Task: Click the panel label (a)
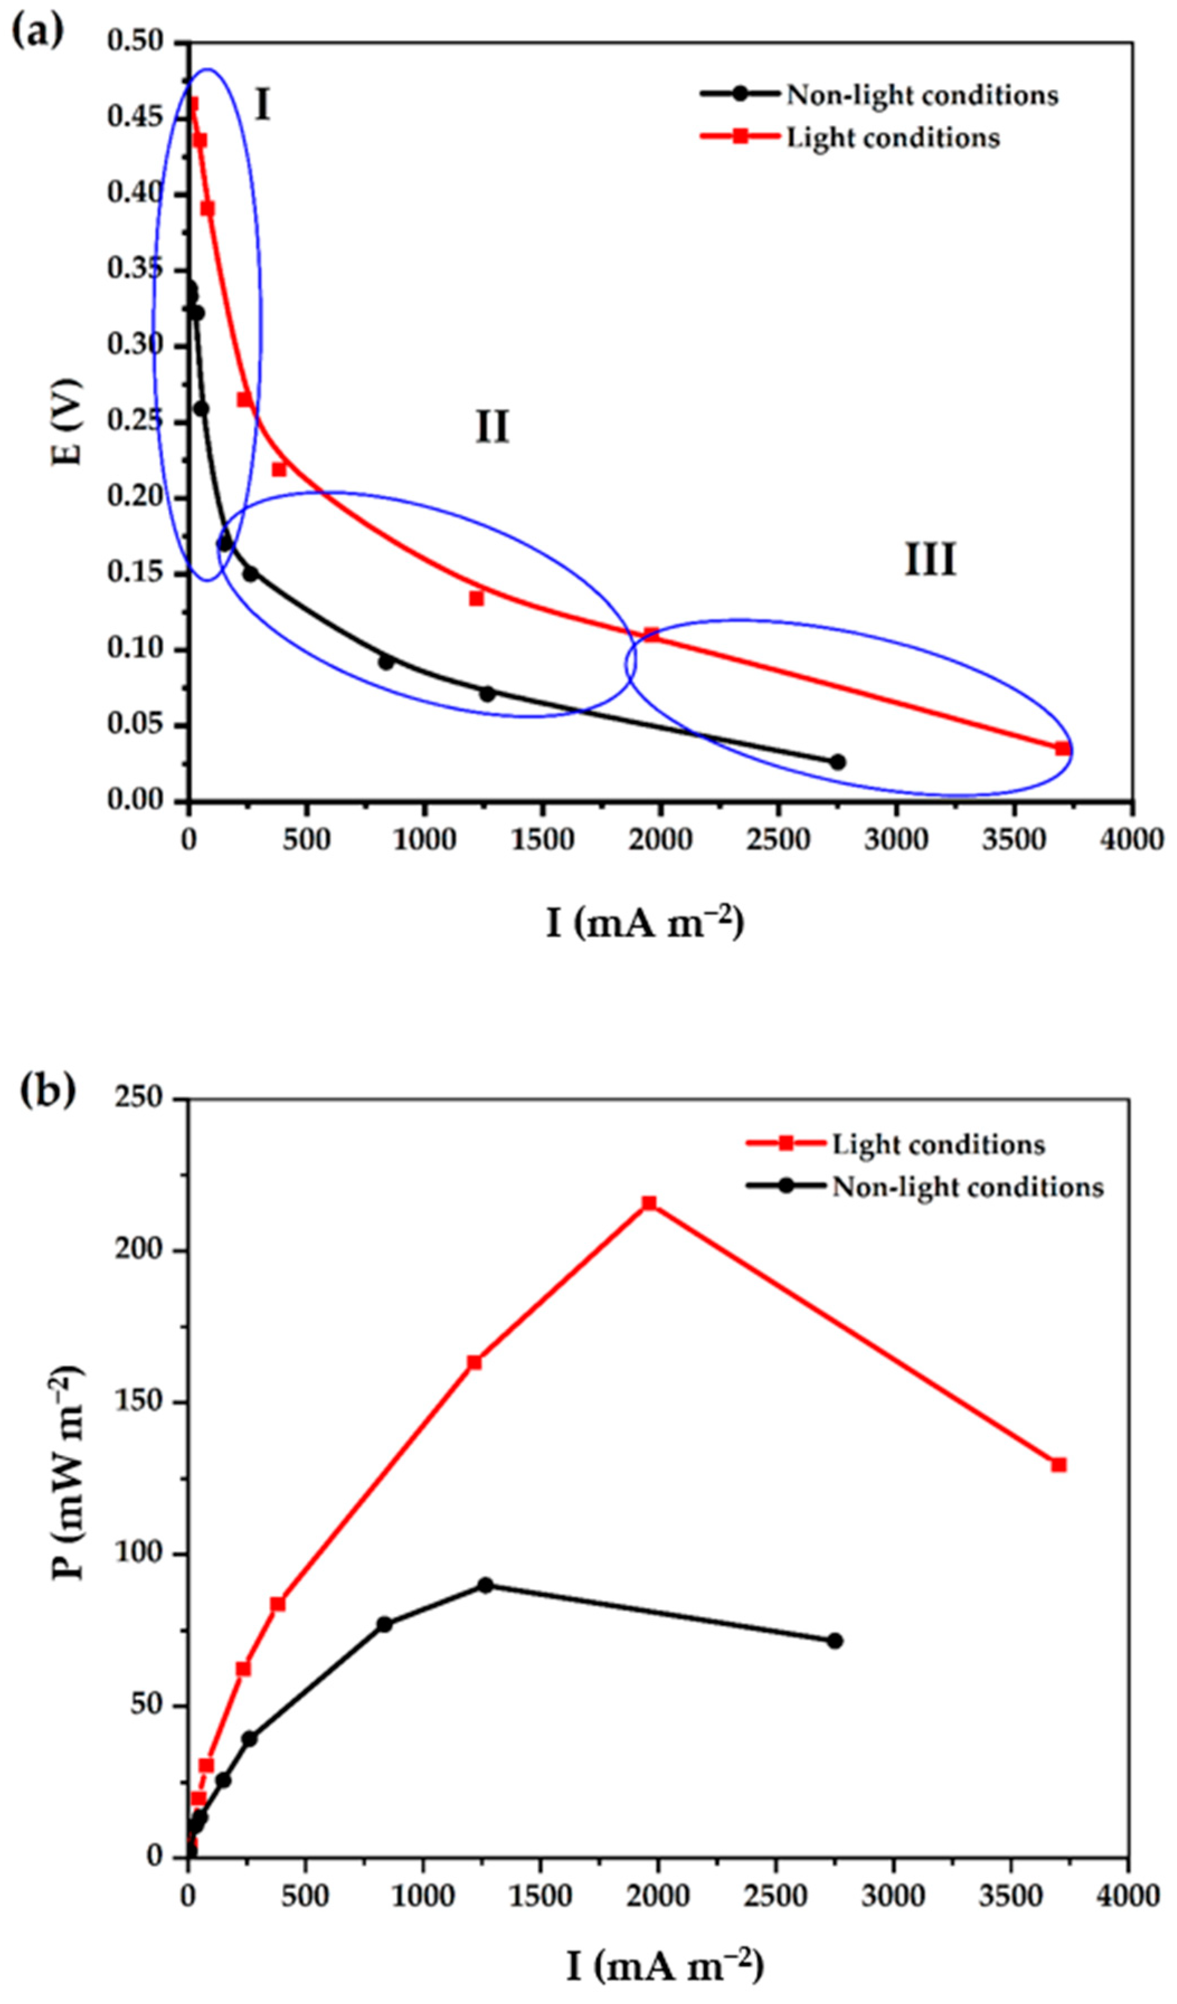tap(36, 34)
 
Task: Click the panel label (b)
tap(47, 1090)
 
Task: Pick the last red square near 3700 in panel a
tap(1062, 748)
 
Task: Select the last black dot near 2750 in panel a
tap(837, 762)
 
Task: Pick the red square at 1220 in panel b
tap(474, 1362)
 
